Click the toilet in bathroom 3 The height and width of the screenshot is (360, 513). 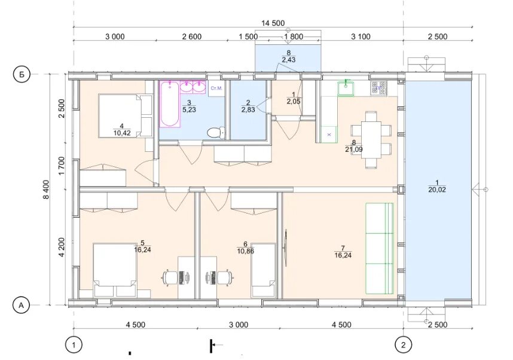coord(216,133)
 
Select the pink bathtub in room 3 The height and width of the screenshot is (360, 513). coord(170,104)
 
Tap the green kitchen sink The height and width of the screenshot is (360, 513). coord(346,89)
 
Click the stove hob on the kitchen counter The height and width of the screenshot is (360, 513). coord(378,89)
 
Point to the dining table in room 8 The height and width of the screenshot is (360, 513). coord(371,139)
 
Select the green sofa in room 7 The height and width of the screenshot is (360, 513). coord(380,248)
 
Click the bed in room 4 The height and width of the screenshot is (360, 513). coord(125,115)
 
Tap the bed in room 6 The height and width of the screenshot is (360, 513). coord(263,270)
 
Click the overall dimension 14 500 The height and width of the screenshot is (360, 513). coord(273,23)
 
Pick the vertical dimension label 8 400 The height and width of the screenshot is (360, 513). coord(45,189)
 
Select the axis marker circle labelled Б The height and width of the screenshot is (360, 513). coord(22,75)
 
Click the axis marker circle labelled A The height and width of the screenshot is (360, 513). coord(22,306)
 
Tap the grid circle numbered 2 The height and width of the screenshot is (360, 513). coord(403,344)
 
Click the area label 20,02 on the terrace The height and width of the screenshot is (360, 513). coord(437,190)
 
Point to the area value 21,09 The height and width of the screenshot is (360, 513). coord(354,150)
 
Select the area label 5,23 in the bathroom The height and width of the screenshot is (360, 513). coord(189,109)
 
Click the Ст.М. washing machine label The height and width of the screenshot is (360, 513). coord(216,88)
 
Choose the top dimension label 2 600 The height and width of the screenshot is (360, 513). coord(192,36)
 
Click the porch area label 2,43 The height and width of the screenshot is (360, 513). coord(289,59)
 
